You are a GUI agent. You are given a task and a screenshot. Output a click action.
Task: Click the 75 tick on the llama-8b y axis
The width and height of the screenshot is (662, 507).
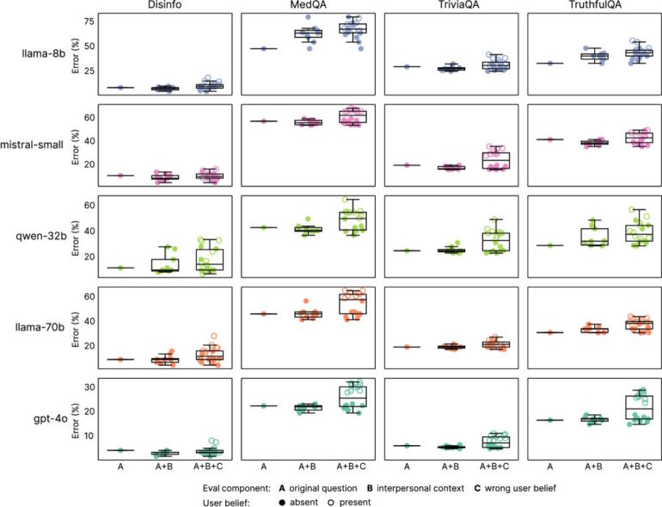point(89,20)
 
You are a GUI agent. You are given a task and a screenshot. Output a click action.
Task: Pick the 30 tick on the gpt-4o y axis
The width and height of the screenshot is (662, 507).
point(89,386)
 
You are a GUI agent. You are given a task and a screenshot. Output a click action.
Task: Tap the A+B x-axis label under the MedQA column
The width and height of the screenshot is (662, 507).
point(307,466)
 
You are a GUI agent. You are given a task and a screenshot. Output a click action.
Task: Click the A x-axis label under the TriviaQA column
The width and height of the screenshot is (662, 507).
point(407,466)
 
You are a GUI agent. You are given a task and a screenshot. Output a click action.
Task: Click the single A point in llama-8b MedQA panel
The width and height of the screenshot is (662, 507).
point(263,48)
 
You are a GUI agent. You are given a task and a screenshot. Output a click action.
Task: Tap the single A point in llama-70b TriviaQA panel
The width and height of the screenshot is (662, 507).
point(407,347)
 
